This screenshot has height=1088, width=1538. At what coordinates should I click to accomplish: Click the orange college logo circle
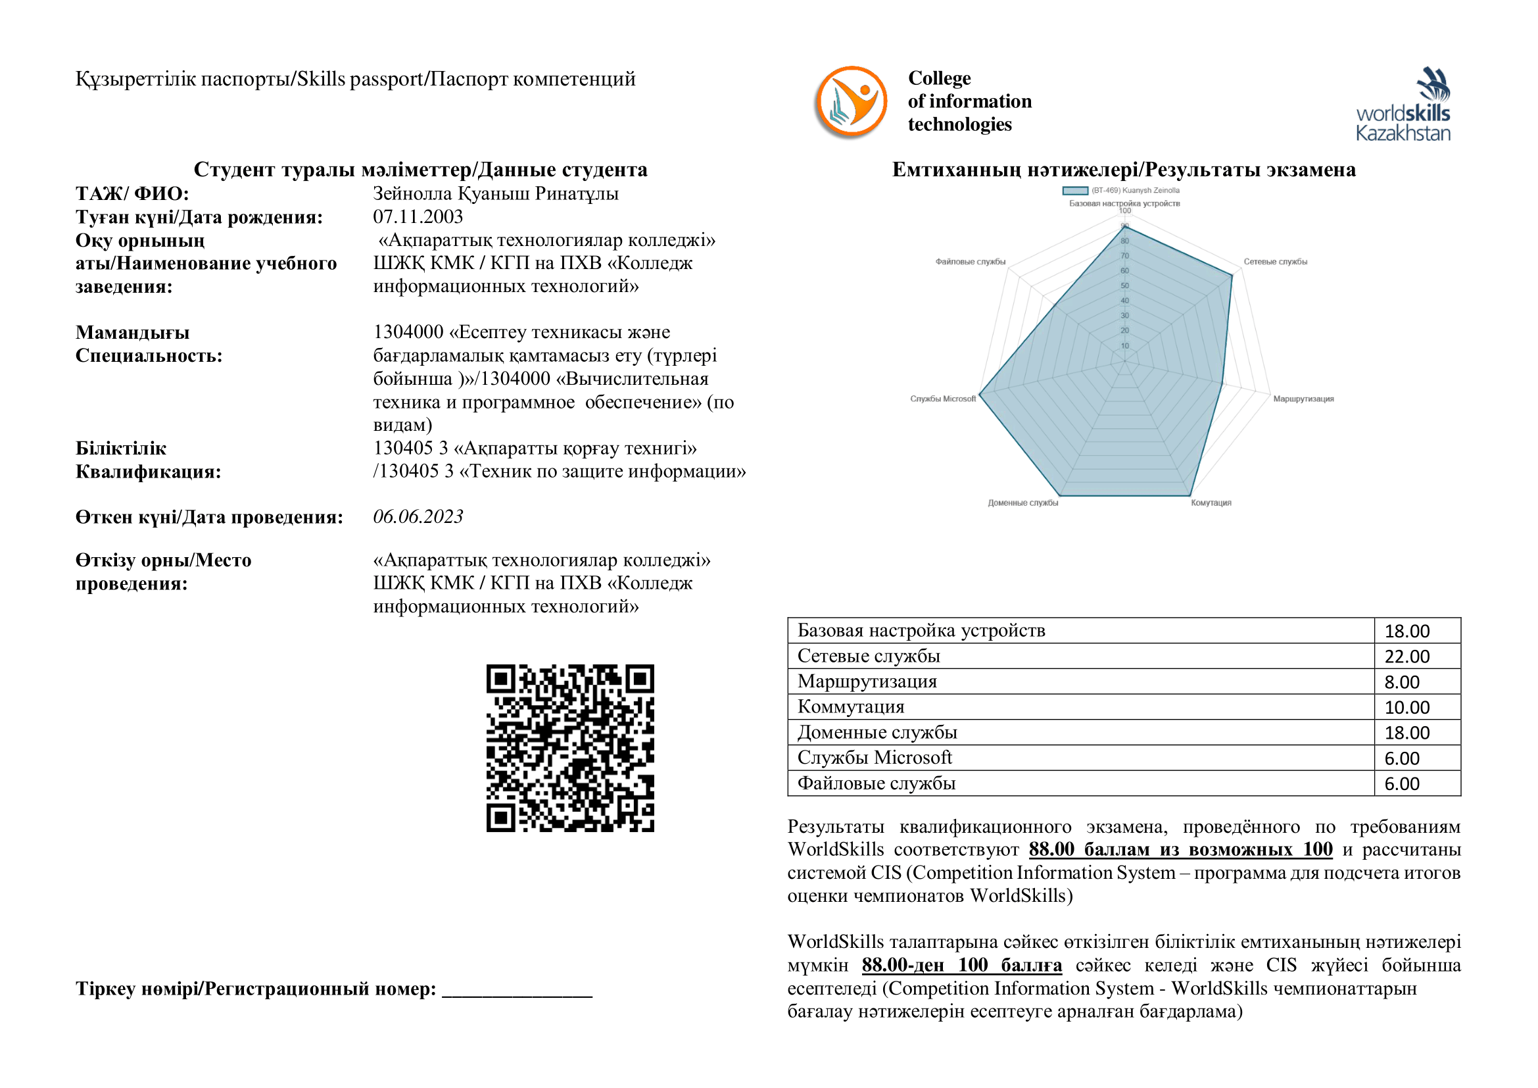click(x=851, y=102)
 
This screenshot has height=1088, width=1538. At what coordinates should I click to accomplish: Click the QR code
click(x=570, y=748)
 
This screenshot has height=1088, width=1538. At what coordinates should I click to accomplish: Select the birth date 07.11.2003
click(x=418, y=216)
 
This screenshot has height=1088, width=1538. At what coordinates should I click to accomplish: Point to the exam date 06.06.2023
click(x=418, y=516)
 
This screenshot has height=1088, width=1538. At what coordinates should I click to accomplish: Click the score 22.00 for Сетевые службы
click(x=1406, y=656)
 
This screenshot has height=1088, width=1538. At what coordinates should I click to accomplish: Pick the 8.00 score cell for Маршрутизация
click(x=1402, y=682)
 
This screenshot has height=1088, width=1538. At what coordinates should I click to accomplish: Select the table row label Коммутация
click(x=851, y=706)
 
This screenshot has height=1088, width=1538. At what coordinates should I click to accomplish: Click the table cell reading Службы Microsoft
click(x=874, y=758)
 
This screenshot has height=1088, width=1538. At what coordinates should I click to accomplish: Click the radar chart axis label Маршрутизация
click(x=1303, y=399)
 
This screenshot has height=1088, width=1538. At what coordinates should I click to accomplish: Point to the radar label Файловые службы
click(x=970, y=262)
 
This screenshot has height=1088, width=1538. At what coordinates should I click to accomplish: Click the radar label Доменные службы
click(x=1023, y=503)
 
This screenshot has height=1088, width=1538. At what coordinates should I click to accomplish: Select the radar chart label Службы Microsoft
click(x=942, y=399)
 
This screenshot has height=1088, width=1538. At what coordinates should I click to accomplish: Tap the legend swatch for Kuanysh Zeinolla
click(x=1074, y=191)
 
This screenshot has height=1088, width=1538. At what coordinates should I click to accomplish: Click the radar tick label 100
click(x=1124, y=210)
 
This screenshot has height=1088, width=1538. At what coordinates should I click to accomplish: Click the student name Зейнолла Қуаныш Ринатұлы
click(x=496, y=193)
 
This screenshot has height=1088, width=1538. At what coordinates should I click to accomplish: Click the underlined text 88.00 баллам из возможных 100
click(x=1180, y=849)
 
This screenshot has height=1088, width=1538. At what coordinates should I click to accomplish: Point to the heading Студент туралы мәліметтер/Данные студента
click(x=421, y=170)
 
